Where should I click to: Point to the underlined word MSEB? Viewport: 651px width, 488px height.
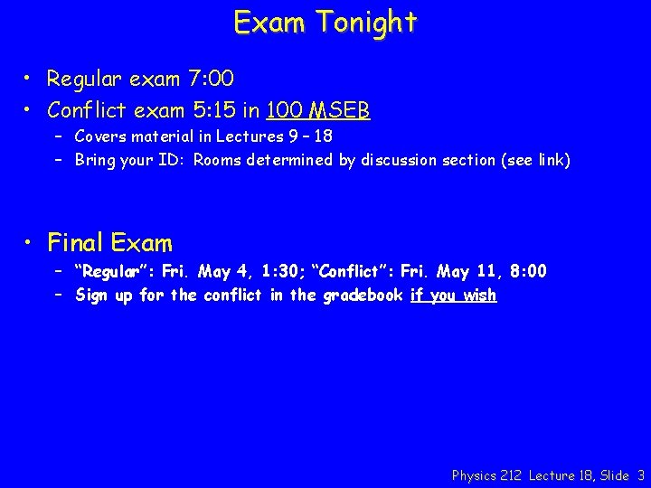339,110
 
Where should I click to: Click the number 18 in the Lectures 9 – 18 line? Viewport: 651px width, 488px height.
323,136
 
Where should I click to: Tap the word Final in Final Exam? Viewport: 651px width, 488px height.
76,242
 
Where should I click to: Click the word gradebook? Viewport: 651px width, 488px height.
361,295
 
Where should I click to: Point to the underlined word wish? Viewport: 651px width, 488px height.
478,295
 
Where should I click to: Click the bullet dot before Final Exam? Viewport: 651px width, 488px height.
31,242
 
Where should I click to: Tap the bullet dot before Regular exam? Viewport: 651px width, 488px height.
31,80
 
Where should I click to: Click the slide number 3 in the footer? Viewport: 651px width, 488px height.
641,474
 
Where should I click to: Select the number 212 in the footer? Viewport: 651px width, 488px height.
511,474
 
